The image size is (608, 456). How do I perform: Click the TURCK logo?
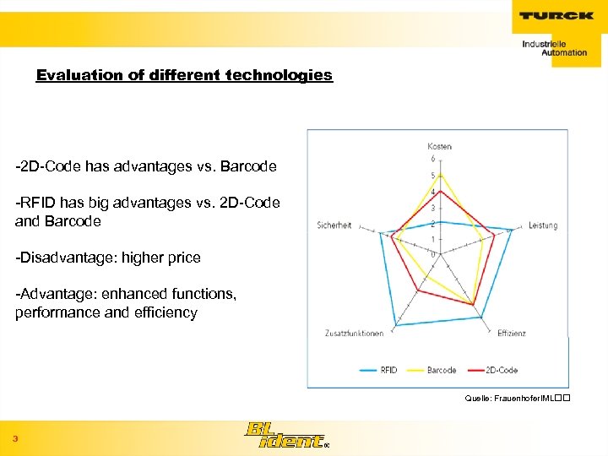click(x=555, y=15)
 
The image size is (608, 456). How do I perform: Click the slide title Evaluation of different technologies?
click(x=184, y=75)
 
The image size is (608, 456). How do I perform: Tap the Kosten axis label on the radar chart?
click(x=439, y=146)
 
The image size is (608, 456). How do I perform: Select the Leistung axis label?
click(x=543, y=225)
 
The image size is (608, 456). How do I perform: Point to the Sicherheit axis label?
click(x=334, y=225)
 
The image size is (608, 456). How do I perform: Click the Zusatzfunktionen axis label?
click(x=354, y=333)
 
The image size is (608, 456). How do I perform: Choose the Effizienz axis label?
click(x=511, y=333)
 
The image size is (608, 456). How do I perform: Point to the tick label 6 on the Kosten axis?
click(x=433, y=159)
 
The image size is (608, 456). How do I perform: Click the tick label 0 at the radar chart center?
click(x=433, y=253)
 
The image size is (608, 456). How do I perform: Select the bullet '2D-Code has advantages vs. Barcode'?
click(x=146, y=166)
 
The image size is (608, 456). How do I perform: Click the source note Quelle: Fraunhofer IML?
click(x=512, y=397)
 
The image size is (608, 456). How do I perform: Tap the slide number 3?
click(x=15, y=438)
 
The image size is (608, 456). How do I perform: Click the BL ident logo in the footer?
click(x=283, y=436)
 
